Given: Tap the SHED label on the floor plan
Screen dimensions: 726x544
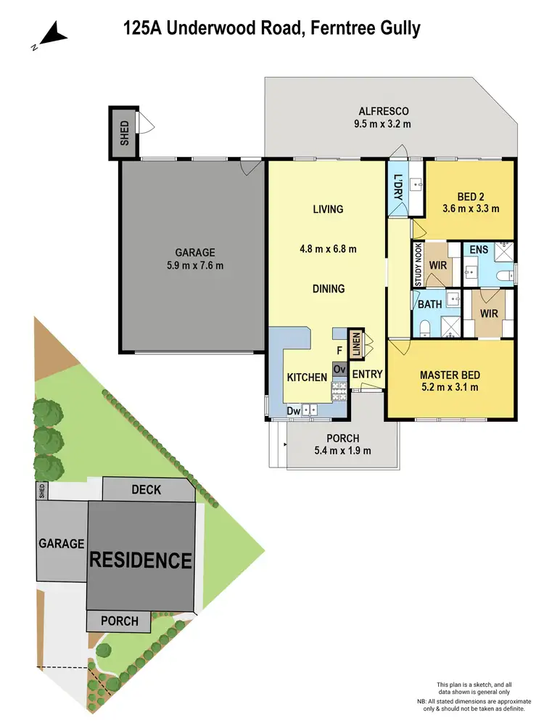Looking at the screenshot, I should click(124, 133).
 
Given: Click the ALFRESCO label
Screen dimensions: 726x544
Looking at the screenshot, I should click(384, 111).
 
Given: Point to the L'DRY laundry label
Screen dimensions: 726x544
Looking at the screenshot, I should click(397, 187).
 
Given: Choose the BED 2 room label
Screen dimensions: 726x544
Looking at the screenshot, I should click(471, 197).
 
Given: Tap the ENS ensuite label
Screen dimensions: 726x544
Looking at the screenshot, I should click(478, 250).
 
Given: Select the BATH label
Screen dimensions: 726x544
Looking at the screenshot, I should click(427, 305).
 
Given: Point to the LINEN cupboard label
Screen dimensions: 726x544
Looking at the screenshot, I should click(356, 343).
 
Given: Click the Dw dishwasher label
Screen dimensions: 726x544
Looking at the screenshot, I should click(293, 411).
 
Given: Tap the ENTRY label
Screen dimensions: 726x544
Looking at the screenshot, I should click(367, 373).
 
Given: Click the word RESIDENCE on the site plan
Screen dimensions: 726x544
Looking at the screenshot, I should click(141, 560).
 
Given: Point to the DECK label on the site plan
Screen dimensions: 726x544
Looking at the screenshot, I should click(146, 490).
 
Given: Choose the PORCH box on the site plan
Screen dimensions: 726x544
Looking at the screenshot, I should click(119, 621).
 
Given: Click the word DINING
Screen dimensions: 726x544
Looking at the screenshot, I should click(328, 289).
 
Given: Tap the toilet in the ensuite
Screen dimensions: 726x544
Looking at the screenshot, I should click(505, 275).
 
